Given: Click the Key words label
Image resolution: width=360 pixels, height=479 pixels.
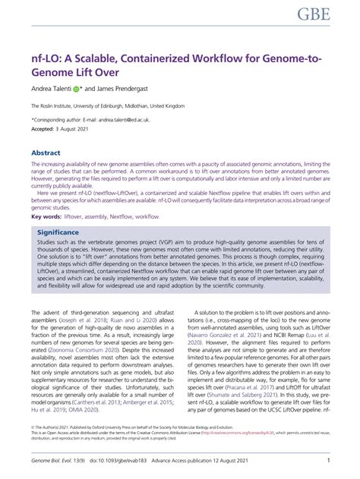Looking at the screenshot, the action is point(46,217).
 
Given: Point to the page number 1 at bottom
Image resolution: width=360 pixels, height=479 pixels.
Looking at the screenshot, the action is point(327,460).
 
